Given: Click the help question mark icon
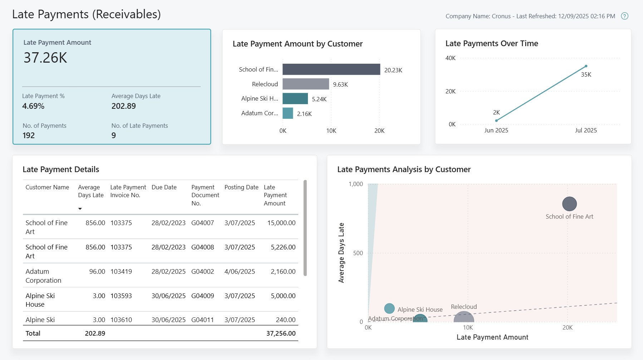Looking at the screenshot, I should pos(624,16).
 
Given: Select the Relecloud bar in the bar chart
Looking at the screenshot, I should pos(305,84).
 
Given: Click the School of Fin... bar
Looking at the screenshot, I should pos(331,69).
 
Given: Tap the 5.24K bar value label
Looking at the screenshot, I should pos(319,99).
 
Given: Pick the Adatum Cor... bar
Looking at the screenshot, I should pos(288,113).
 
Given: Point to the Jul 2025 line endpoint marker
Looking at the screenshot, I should pos(586,66).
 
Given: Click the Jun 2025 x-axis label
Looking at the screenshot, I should pos(496,130).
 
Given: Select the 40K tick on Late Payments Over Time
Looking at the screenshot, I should pos(450,58).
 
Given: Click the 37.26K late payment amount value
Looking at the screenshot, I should pos(45,58).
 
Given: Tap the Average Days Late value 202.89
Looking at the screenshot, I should pos(124,106).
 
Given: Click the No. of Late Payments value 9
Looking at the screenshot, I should pos(114,135).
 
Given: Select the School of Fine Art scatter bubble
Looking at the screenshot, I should pos(569,204).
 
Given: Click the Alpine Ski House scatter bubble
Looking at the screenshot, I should pos(389,308).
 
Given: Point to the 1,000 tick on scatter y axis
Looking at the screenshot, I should pos(355,184).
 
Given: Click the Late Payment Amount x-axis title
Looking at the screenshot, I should pos(492,337).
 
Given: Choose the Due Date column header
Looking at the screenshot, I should pos(164,187).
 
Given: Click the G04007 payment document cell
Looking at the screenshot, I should pos(202,223).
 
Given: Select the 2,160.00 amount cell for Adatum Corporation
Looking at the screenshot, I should pos(283,271).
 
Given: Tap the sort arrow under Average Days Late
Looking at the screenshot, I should pos(80,209).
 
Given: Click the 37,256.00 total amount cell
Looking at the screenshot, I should pos(281,333).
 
